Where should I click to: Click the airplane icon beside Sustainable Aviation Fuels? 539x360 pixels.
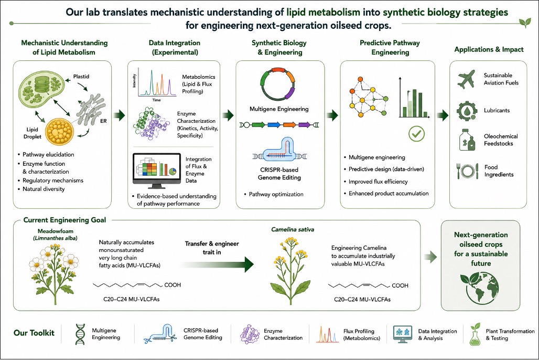467,79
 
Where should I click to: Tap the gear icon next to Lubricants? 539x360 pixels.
467,111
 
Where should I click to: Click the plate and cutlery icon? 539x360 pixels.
467,171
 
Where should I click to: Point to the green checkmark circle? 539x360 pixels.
417,134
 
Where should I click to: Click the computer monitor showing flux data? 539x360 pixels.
157,171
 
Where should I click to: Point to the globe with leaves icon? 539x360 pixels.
480,288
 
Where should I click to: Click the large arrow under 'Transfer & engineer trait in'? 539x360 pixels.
217,264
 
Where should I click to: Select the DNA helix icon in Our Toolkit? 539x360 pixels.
80,334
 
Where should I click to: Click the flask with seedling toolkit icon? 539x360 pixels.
475,334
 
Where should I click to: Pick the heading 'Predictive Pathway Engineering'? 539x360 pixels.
390,48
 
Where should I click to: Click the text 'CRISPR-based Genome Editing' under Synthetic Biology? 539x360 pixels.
279,174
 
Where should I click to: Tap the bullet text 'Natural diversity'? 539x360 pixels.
44,189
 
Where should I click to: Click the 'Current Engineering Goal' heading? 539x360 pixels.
64,220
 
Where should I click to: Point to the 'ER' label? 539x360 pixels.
103,121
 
